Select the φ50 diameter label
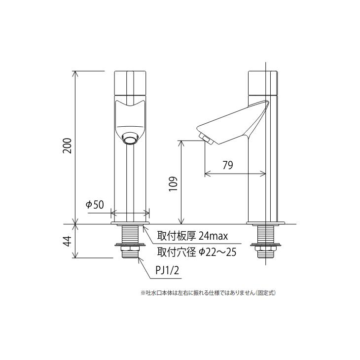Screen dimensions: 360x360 [x=95, y=205]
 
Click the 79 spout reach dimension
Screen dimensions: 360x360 [x=227, y=166]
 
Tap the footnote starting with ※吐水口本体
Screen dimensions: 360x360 [x=207, y=292]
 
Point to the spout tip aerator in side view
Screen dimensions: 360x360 [x=203, y=138]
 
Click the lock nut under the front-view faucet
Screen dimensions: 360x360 [x=130, y=246]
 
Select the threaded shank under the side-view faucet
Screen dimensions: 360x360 [x=266, y=234]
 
